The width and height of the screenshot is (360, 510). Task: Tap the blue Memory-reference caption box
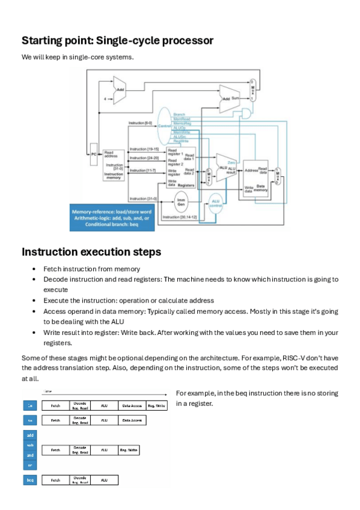tap(112, 218)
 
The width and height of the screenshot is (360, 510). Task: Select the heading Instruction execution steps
tap(91, 251)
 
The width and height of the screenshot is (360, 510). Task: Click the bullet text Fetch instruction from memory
tap(91, 269)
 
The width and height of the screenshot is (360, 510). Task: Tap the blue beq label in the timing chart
tap(30, 480)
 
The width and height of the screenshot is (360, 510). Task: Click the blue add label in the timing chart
tap(30, 434)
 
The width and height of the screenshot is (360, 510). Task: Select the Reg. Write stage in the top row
tap(153, 405)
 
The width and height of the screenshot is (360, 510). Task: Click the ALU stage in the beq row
tap(105, 480)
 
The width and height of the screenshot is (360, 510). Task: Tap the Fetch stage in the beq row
tap(55, 480)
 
